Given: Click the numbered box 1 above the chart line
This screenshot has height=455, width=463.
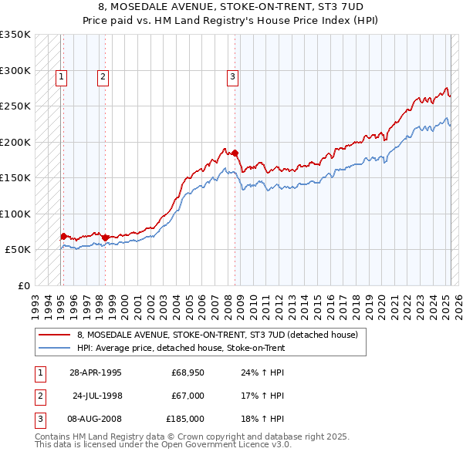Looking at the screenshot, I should [61, 76].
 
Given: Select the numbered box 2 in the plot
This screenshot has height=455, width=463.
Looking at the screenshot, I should [103, 76].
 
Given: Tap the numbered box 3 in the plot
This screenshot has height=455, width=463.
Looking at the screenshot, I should [232, 76].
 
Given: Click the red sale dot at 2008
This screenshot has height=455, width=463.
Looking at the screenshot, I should [235, 153].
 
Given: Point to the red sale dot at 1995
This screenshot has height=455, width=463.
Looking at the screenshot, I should [63, 236].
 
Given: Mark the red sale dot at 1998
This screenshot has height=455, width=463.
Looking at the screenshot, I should [105, 238].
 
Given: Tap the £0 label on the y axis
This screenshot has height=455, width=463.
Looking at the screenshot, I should [22, 285].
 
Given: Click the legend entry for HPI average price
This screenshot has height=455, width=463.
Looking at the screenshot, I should [181, 348].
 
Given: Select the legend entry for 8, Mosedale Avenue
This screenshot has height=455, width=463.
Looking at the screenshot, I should [217, 335].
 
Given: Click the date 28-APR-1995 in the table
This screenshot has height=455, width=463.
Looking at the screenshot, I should [96, 373].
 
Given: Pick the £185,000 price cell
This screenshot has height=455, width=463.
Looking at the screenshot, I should [185, 419].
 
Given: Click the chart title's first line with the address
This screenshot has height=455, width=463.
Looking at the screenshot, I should [231, 7].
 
